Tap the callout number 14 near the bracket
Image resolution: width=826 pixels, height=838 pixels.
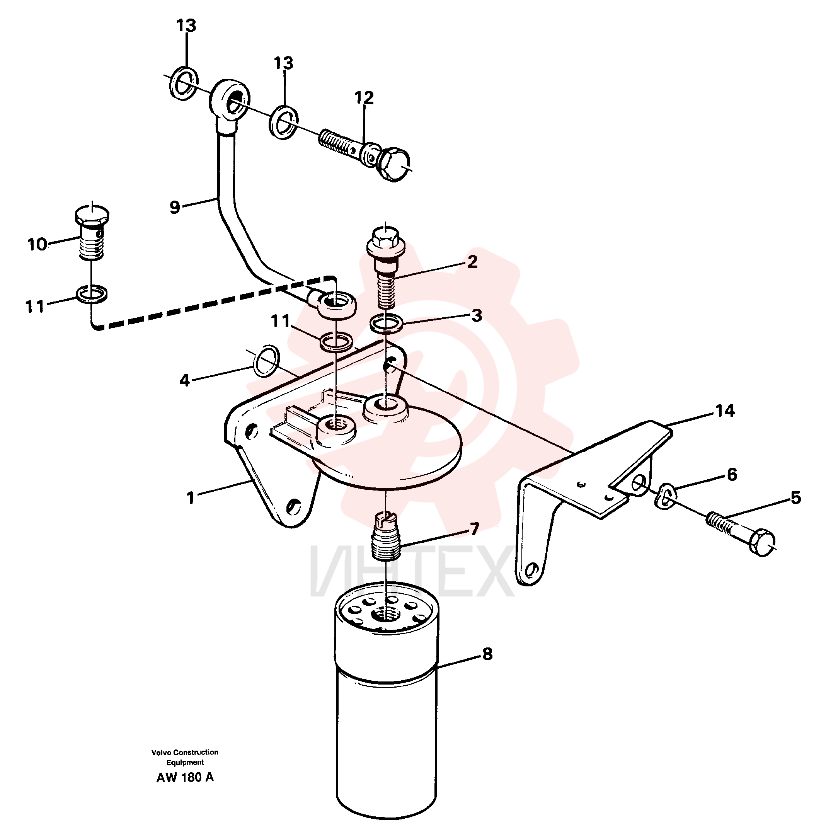pos(725,410)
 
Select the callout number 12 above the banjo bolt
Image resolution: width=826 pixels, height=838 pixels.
pos(364,97)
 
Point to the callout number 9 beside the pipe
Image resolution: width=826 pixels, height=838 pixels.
pos(175,207)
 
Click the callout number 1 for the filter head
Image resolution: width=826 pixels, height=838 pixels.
pos(191,497)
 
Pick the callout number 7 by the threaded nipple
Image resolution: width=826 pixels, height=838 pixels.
pos(475,529)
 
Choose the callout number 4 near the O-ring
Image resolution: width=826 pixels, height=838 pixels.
pos(185,380)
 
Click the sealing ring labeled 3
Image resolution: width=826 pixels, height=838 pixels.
pos(387,323)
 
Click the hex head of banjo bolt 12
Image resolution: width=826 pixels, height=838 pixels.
pos(393,164)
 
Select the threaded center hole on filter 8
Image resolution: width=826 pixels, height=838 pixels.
pos(386,615)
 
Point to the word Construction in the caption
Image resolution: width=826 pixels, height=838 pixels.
pos(196,752)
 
